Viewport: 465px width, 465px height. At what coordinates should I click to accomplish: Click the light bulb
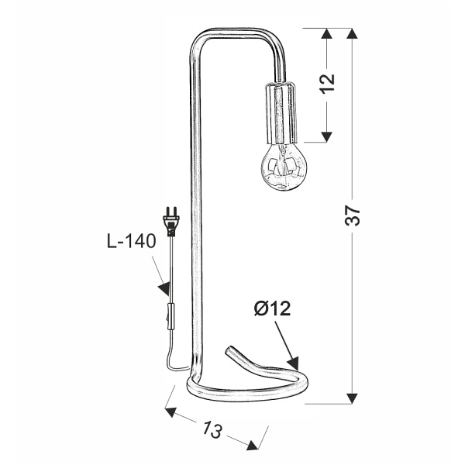pyautogui.click(x=284, y=166)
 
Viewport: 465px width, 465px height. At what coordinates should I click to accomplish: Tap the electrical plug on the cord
pyautogui.click(x=171, y=221)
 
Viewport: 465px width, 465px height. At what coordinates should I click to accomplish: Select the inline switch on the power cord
pyautogui.click(x=170, y=316)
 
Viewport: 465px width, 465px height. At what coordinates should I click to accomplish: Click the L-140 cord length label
pyautogui.click(x=132, y=241)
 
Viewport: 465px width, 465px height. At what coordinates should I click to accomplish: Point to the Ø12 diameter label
pyautogui.click(x=272, y=308)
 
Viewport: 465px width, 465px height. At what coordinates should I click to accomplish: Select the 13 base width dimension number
pyautogui.click(x=212, y=429)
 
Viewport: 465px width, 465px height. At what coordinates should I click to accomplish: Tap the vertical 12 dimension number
pyautogui.click(x=327, y=84)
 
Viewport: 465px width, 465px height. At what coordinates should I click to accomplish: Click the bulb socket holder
pyautogui.click(x=281, y=112)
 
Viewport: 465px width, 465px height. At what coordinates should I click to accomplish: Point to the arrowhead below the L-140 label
pyautogui.click(x=164, y=288)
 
